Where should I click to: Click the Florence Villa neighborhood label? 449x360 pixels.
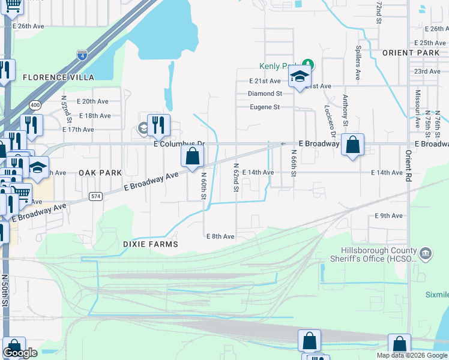(58, 77)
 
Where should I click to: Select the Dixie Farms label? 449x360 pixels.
(151, 244)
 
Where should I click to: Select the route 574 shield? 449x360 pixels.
(95, 196)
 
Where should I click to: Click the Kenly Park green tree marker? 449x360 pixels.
(308, 64)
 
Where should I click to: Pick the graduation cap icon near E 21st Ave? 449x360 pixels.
(299, 77)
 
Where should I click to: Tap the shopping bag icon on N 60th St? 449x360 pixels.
(192, 157)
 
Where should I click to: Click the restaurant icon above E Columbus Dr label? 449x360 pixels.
(158, 125)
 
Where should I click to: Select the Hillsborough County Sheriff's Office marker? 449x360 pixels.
(426, 253)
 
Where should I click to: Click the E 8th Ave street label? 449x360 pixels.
(220, 236)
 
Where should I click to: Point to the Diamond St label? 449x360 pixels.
(265, 94)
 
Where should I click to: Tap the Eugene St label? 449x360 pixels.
(265, 107)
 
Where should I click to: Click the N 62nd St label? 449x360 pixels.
(236, 178)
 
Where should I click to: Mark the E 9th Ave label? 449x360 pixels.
(388, 215)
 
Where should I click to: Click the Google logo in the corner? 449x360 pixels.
(20, 353)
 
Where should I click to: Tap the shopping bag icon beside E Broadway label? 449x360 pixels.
(353, 145)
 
